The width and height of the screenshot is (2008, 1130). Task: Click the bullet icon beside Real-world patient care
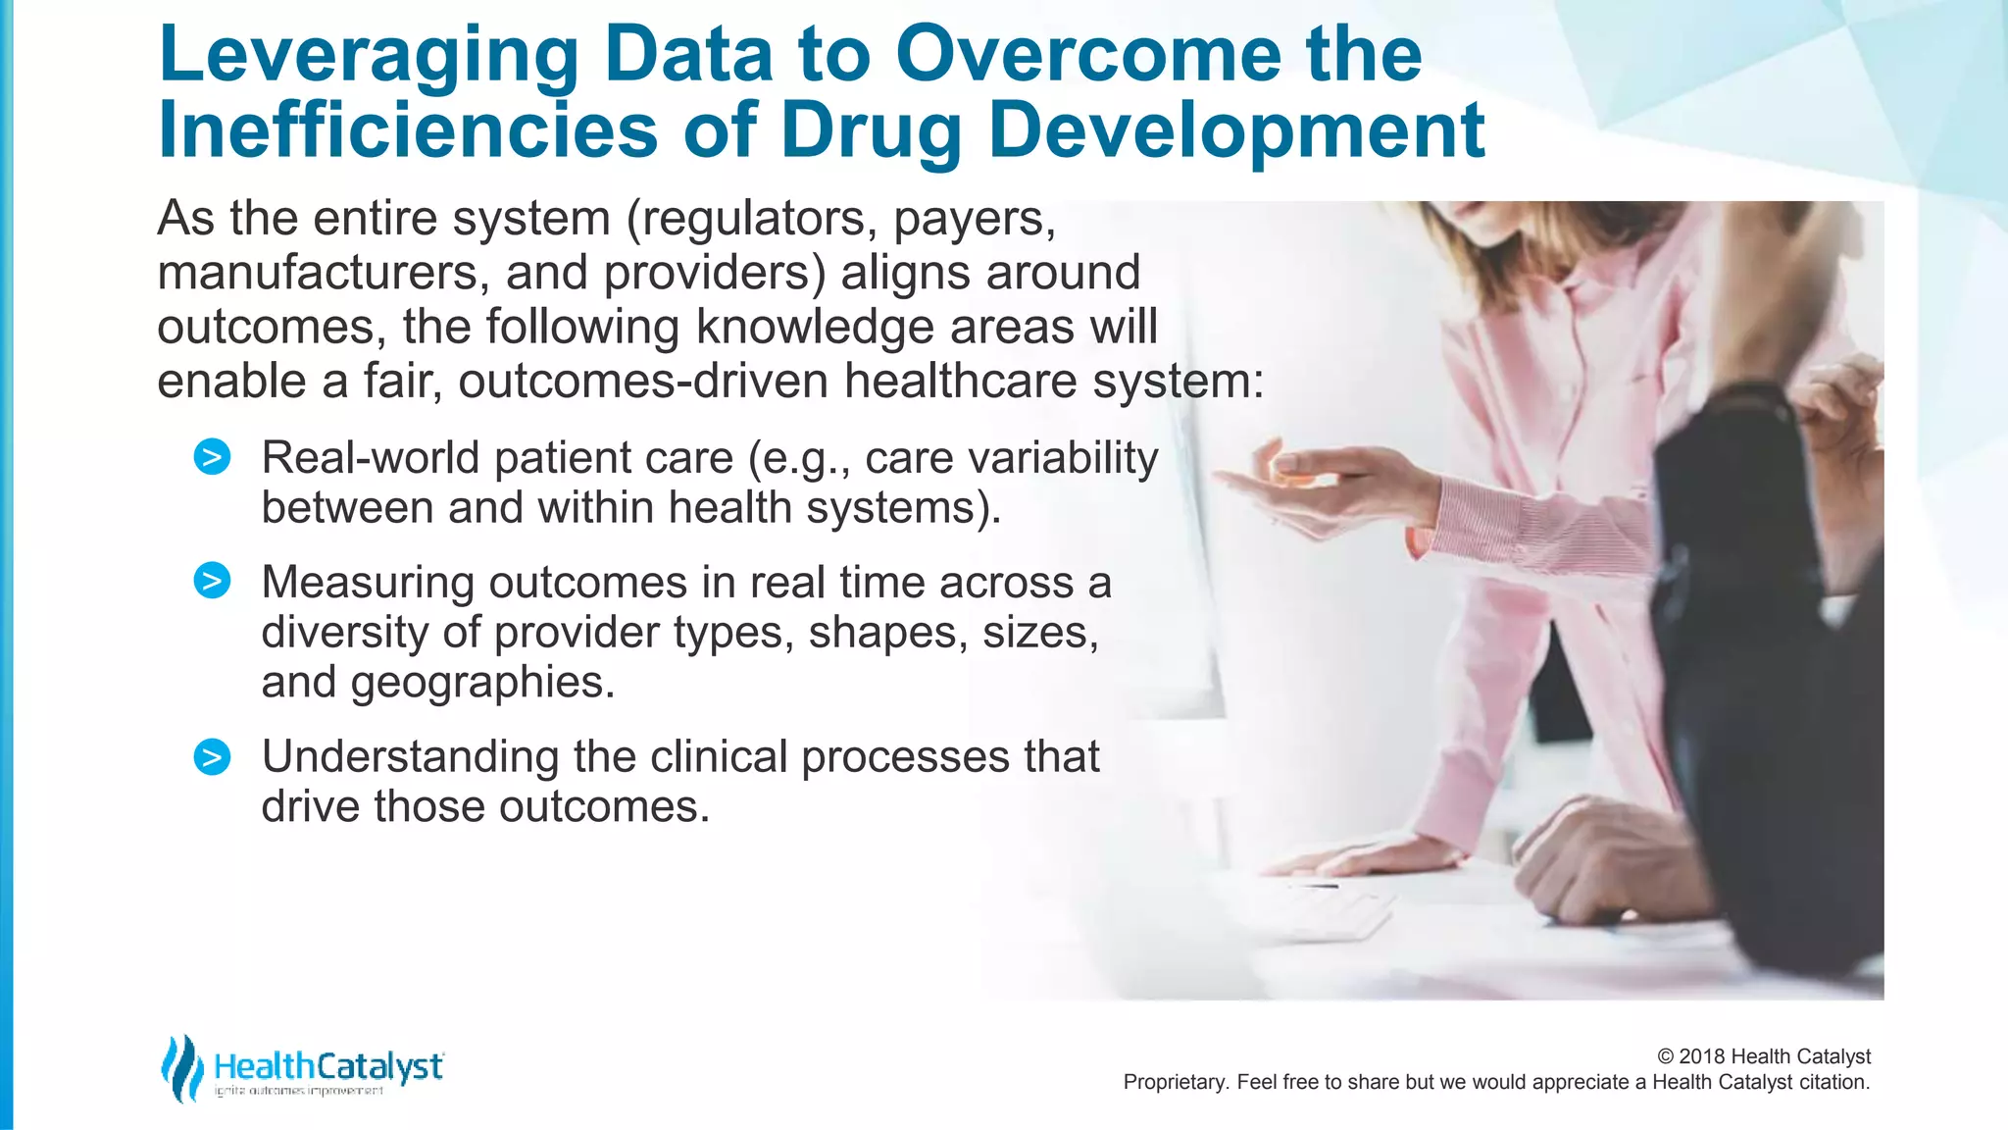[212, 457]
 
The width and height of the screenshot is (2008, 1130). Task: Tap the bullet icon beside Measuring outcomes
[212, 581]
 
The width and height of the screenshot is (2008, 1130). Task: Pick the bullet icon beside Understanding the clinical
[212, 756]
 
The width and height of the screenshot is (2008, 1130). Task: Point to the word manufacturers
[323, 274]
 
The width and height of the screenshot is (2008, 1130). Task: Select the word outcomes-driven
[642, 382]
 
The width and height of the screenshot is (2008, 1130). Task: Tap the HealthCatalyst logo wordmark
[327, 1066]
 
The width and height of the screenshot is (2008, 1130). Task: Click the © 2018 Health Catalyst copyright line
[1763, 1056]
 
